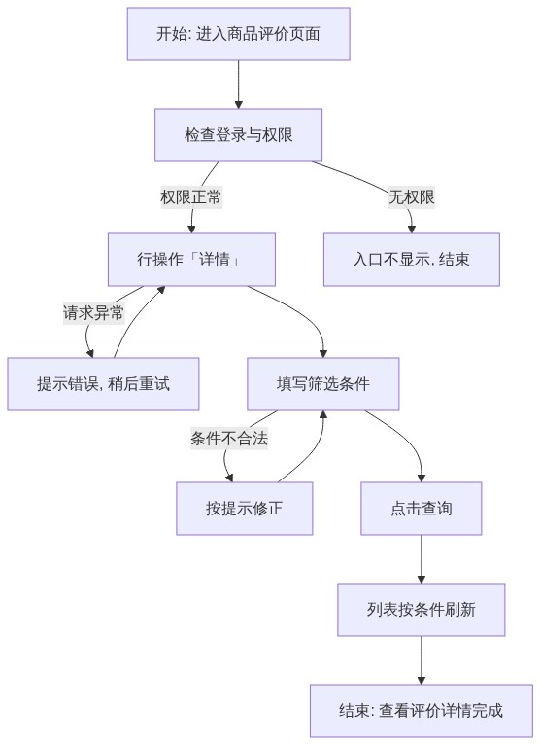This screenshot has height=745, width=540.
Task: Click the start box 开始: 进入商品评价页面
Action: (238, 34)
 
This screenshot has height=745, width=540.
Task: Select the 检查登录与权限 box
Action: (238, 135)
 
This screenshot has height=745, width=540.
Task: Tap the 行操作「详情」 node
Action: (191, 260)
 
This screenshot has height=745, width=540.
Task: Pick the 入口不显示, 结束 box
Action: (412, 260)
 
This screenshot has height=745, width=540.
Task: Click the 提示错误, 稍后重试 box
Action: (103, 384)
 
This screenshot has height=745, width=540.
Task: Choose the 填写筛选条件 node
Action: (323, 384)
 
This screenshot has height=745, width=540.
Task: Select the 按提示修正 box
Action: (245, 509)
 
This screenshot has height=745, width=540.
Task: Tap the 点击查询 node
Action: (422, 509)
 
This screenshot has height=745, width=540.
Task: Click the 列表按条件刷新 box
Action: (422, 610)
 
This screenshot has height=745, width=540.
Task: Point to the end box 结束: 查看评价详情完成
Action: (422, 711)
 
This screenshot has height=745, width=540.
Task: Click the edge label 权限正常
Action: (190, 196)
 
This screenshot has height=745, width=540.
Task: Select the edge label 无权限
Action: (412, 196)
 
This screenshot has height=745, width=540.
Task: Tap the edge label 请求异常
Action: (93, 312)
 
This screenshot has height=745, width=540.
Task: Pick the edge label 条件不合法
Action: (229, 438)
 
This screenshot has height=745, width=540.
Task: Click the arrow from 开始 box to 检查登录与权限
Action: (238, 85)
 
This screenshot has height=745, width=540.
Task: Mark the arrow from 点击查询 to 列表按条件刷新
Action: (422, 559)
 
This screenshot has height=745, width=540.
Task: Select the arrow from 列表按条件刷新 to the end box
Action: (422, 660)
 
